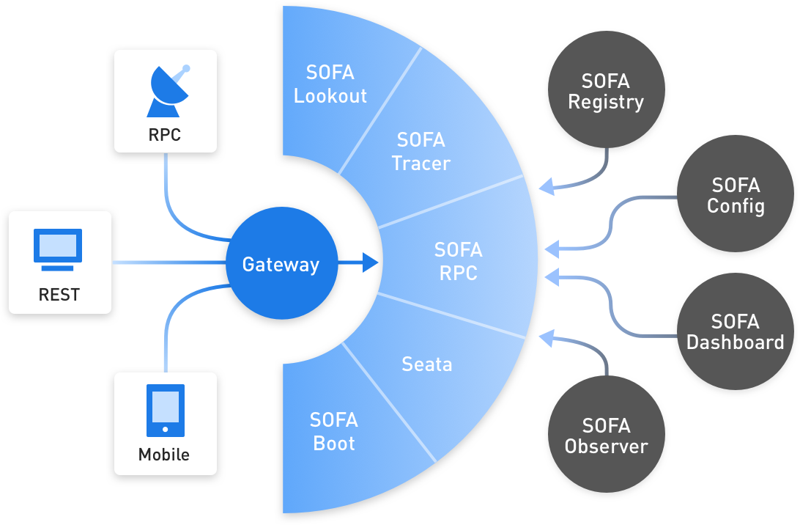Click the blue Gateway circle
pos(281,263)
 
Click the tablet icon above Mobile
pos(166,411)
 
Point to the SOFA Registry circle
pos(606,90)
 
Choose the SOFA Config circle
pos(736,194)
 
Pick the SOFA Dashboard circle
pos(736,331)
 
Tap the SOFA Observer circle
pos(606,434)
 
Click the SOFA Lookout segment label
pos(330,84)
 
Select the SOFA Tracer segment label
pos(421,152)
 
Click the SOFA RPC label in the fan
pos(458,261)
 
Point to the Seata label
pos(427,364)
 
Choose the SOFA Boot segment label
pos(333,432)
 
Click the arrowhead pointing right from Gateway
pos(371,262)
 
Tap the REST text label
pos(59,295)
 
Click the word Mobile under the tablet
pos(164,455)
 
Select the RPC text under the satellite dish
pos(164,135)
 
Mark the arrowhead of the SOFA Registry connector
pos(547,187)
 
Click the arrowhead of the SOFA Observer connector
pos(547,338)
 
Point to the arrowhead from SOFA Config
pos(552,249)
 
